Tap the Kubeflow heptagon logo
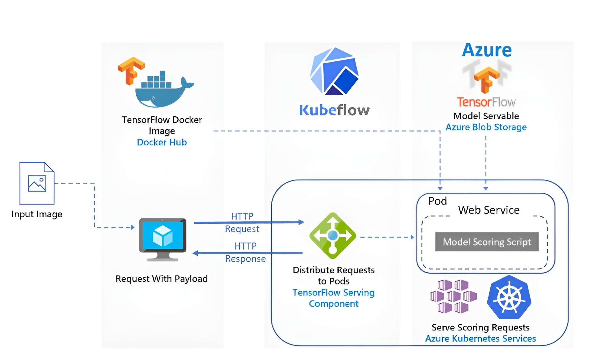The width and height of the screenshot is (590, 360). (x=334, y=72)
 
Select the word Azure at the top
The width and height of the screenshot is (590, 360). (x=487, y=50)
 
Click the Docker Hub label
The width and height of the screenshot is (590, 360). (x=162, y=142)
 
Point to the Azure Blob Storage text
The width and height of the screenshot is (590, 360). (x=486, y=127)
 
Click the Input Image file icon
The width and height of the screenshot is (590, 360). (x=37, y=183)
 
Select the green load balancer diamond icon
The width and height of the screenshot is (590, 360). (x=333, y=235)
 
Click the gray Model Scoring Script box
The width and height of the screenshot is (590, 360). (x=487, y=242)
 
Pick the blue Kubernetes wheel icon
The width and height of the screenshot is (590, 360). (x=509, y=297)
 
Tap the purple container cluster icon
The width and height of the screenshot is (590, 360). (x=453, y=296)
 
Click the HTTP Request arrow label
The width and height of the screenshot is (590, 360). (x=242, y=222)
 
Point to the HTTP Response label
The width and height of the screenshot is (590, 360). (x=245, y=253)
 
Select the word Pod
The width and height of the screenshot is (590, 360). (x=437, y=201)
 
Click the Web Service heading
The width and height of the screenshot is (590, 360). (x=489, y=210)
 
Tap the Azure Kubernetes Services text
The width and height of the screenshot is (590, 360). (x=480, y=338)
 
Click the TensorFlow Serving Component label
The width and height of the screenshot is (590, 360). (x=333, y=298)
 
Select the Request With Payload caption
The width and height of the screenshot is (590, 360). (x=162, y=279)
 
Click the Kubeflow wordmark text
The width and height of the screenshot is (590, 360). (x=334, y=110)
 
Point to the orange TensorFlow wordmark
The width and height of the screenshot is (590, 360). (x=486, y=102)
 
